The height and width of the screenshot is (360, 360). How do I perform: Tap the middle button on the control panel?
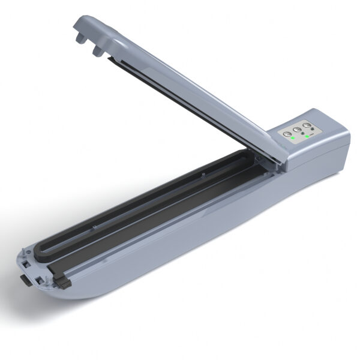click(297, 130)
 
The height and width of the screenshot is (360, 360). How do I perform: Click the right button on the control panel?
click(308, 127)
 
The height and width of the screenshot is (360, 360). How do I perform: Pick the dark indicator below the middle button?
click(300, 137)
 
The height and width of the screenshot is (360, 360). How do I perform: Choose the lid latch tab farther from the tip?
click(97, 51)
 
